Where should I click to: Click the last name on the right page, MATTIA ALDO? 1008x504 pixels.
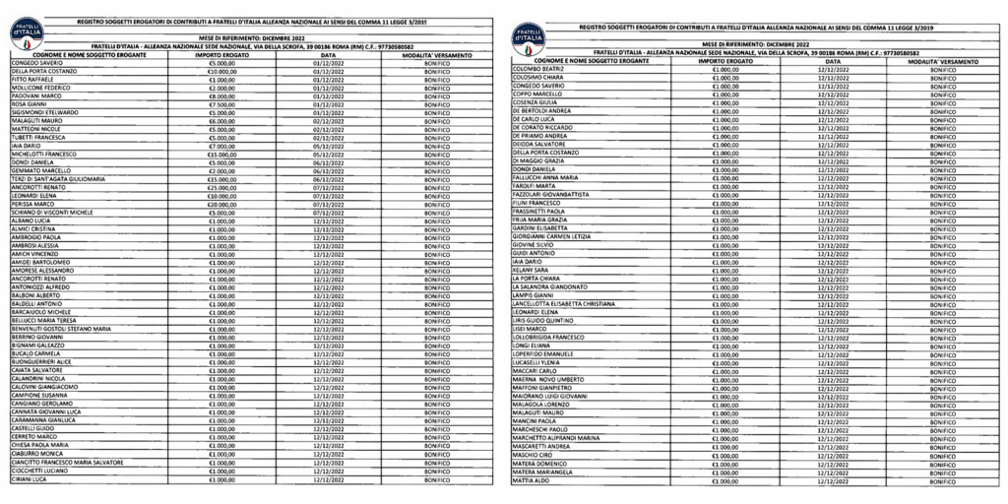click(x=531, y=480)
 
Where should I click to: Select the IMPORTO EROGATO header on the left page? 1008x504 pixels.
click(x=221, y=54)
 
